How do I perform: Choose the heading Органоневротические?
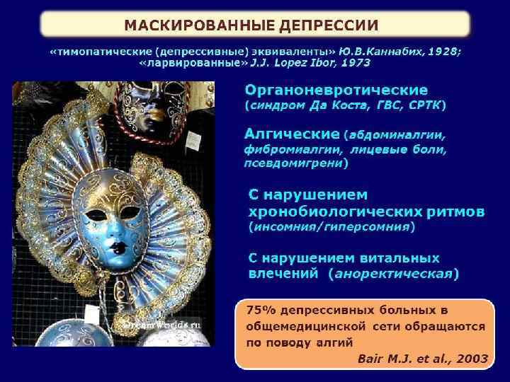coord(336,91)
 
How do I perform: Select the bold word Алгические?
coord(290,134)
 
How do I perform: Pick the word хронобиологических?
coord(330,212)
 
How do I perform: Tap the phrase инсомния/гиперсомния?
coord(331,227)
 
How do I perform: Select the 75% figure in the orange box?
coord(259,311)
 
